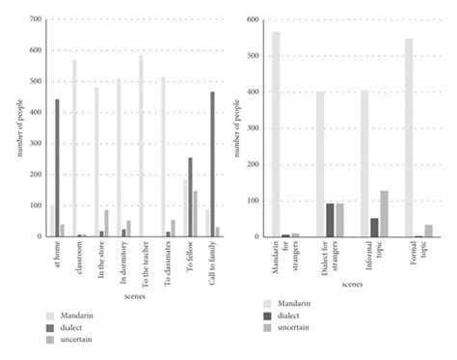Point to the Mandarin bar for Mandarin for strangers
pos(276,134)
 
